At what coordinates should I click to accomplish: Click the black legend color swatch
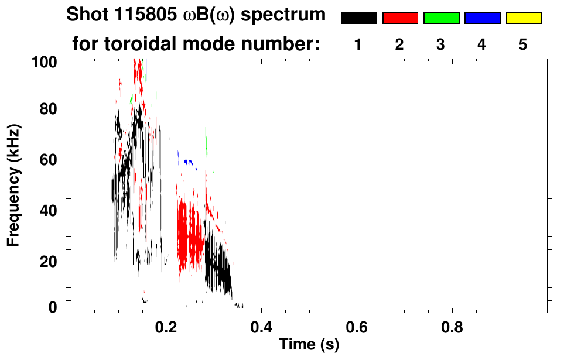(x=359, y=18)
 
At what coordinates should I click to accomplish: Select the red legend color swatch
(x=400, y=18)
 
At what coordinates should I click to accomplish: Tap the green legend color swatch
(x=441, y=18)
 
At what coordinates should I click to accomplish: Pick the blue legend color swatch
(x=482, y=18)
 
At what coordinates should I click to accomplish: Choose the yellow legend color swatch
(x=523, y=18)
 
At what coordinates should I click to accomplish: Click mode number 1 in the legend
(x=358, y=45)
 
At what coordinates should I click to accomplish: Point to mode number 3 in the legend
(x=440, y=45)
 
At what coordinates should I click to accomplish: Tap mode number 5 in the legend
(x=522, y=45)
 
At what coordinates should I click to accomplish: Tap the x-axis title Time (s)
(x=309, y=345)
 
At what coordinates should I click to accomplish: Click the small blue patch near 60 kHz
(x=188, y=162)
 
